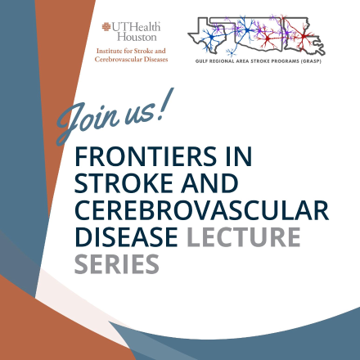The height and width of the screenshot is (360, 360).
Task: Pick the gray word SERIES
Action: tap(115, 263)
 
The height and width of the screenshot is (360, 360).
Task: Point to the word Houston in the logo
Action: tap(142, 38)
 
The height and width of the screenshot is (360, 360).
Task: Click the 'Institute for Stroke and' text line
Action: tap(132, 52)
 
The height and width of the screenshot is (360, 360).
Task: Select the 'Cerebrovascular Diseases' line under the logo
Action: tap(132, 60)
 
